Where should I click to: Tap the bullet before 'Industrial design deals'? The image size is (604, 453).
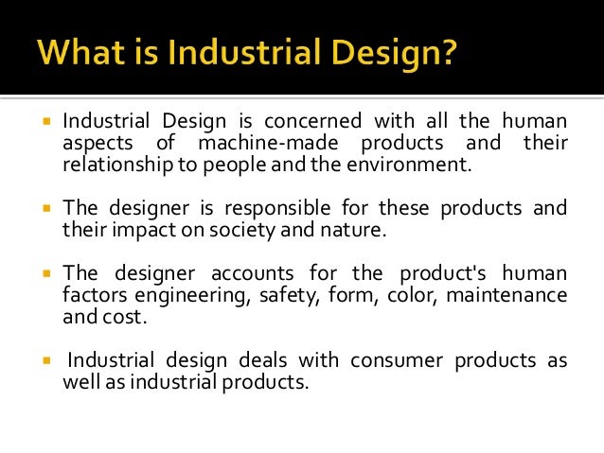(44, 361)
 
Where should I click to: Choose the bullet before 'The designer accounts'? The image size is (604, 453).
(44, 275)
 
